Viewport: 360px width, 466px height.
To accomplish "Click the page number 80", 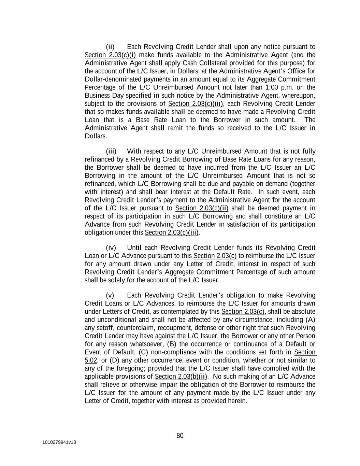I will coord(180,436).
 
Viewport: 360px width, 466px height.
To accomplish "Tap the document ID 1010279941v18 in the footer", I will coord(59,442).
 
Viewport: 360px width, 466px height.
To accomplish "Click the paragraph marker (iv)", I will coord(111,248).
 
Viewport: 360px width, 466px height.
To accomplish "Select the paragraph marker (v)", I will coord(110,295).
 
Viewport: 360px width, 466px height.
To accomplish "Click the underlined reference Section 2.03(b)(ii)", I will coord(181,377).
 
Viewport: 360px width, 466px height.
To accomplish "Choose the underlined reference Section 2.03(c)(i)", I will coord(110,55).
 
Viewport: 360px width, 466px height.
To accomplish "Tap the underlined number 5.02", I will coord(91,360).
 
